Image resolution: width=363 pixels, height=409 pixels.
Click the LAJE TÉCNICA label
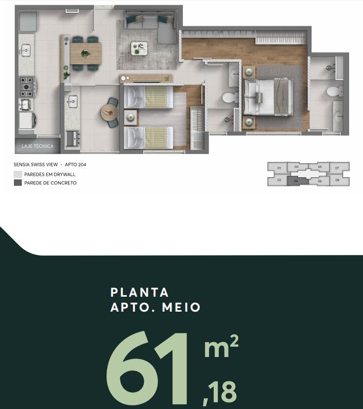pyautogui.click(x=37, y=146)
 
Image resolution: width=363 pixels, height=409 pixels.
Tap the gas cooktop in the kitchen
pyautogui.click(x=27, y=87)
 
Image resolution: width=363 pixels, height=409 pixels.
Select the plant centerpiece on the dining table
pyautogui.click(x=85, y=54)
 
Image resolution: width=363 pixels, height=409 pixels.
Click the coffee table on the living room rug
pyautogui.click(x=139, y=48)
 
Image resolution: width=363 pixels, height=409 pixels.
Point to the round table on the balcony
pyautogui.click(x=109, y=113)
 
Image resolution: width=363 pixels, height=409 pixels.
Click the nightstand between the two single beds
pyautogui.click(x=130, y=117)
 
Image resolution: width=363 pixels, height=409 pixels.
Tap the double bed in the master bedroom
pyautogui.click(x=268, y=97)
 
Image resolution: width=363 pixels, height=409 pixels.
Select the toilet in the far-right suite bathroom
pyautogui.click(x=335, y=92)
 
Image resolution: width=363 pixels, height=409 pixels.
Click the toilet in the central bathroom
pyautogui.click(x=230, y=98)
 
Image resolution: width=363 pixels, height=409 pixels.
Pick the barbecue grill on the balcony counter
pyautogui.click(x=73, y=139)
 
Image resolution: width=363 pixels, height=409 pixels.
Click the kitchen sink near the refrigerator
pyautogui.click(x=26, y=50)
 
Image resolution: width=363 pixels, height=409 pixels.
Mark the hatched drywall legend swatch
pyautogui.click(x=18, y=174)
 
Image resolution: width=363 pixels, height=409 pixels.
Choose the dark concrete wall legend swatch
pyautogui.click(x=18, y=183)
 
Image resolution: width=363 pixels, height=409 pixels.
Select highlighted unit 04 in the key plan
pyautogui.click(x=296, y=181)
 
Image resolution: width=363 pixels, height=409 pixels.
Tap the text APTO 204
pyautogui.click(x=75, y=165)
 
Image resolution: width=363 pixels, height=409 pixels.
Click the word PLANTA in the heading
pyautogui.click(x=140, y=293)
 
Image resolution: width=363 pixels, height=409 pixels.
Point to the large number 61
pyautogui.click(x=147, y=369)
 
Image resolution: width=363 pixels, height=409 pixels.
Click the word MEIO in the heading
pyautogui.click(x=181, y=308)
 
